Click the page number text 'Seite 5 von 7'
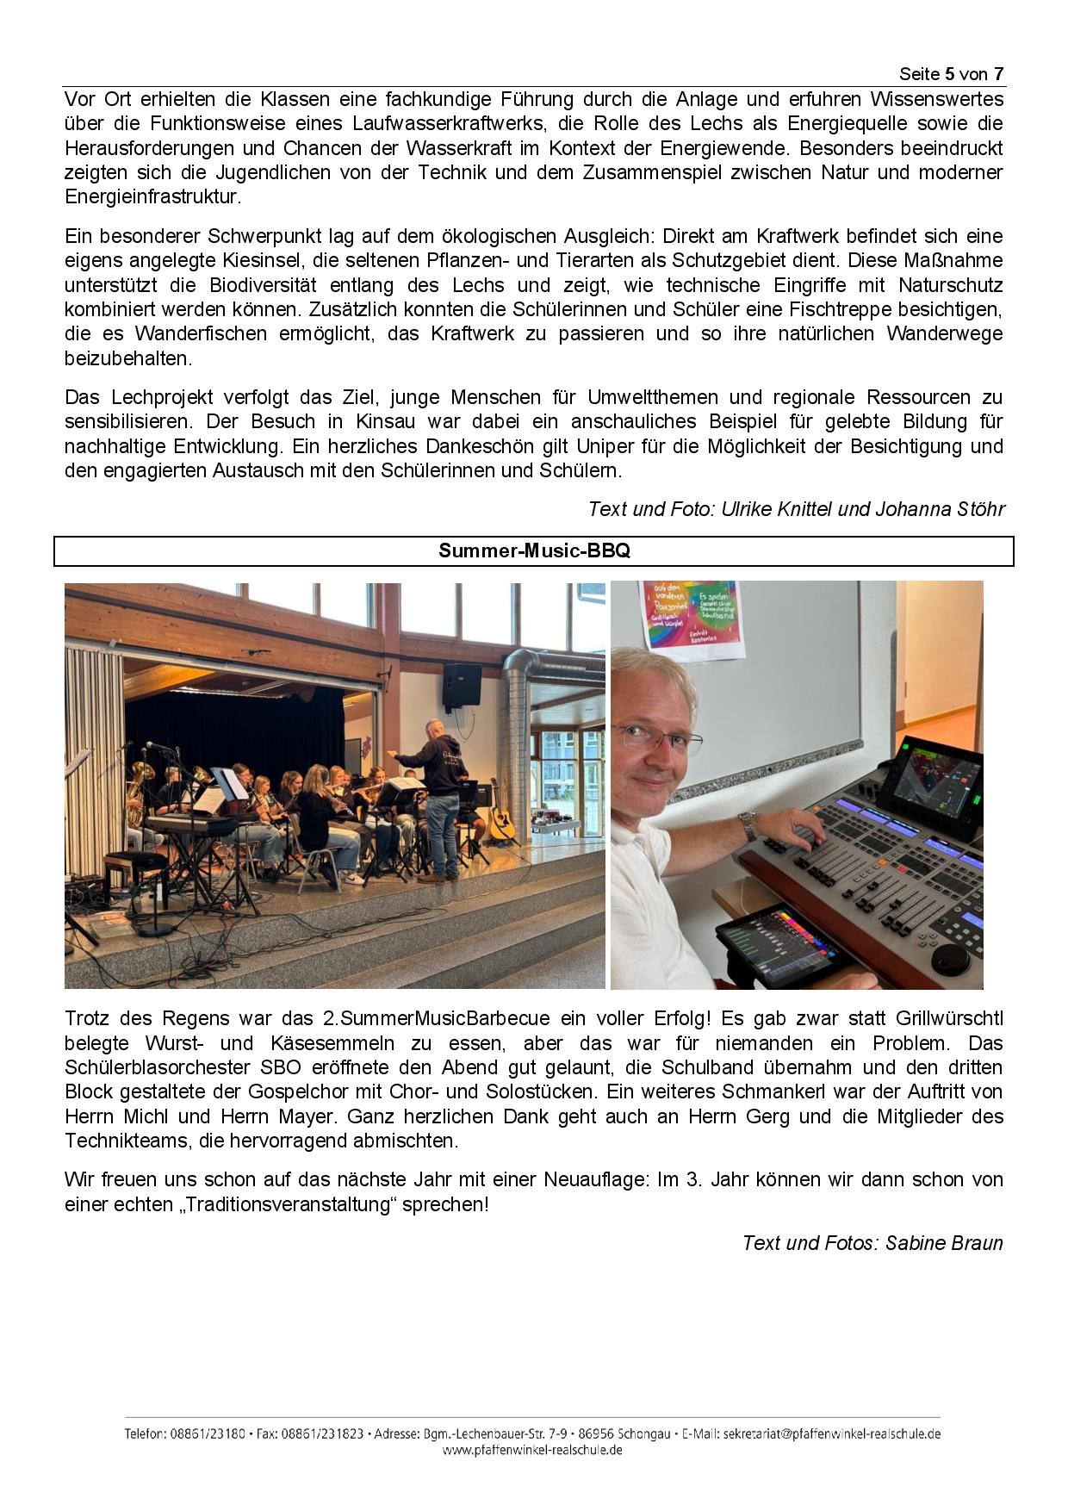[x=951, y=74]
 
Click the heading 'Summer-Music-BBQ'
[x=534, y=551]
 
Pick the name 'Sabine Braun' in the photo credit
[x=944, y=1243]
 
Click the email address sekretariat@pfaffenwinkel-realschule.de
[x=832, y=1434]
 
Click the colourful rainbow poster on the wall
[x=689, y=612]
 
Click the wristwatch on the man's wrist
[x=749, y=828]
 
